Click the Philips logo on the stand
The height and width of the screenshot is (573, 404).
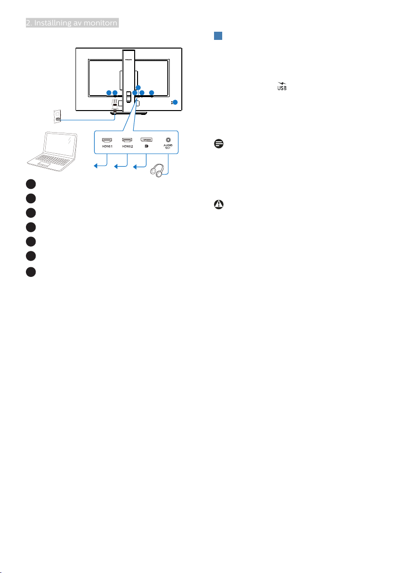click(x=128, y=56)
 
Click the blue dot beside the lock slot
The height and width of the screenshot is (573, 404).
click(x=175, y=102)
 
